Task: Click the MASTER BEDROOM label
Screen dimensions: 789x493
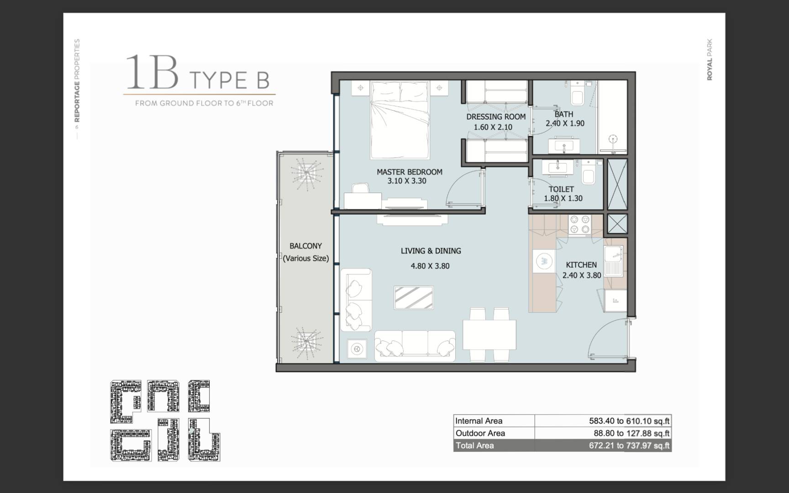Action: click(x=409, y=172)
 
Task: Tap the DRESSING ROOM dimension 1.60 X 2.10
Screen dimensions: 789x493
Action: click(x=493, y=127)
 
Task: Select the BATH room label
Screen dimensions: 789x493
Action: click(x=563, y=114)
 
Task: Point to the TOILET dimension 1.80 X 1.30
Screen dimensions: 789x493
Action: click(x=563, y=199)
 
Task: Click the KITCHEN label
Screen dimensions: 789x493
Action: click(x=581, y=265)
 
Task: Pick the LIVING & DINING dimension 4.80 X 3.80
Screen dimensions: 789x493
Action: click(x=430, y=266)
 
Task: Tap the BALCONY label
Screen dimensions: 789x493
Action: click(x=305, y=246)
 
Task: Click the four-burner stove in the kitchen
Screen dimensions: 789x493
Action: click(x=580, y=225)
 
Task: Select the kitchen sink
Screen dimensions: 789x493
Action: click(x=614, y=262)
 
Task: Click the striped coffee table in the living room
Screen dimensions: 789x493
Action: click(x=414, y=298)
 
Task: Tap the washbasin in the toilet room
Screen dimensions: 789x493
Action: click(x=557, y=167)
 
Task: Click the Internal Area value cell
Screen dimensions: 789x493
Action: click(x=603, y=421)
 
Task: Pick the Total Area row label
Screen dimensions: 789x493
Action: click(x=474, y=446)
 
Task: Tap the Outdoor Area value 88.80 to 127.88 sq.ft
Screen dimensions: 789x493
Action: click(x=629, y=433)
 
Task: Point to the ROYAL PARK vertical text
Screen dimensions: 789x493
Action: click(x=709, y=59)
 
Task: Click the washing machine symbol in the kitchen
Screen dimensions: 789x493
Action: click(x=544, y=261)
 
